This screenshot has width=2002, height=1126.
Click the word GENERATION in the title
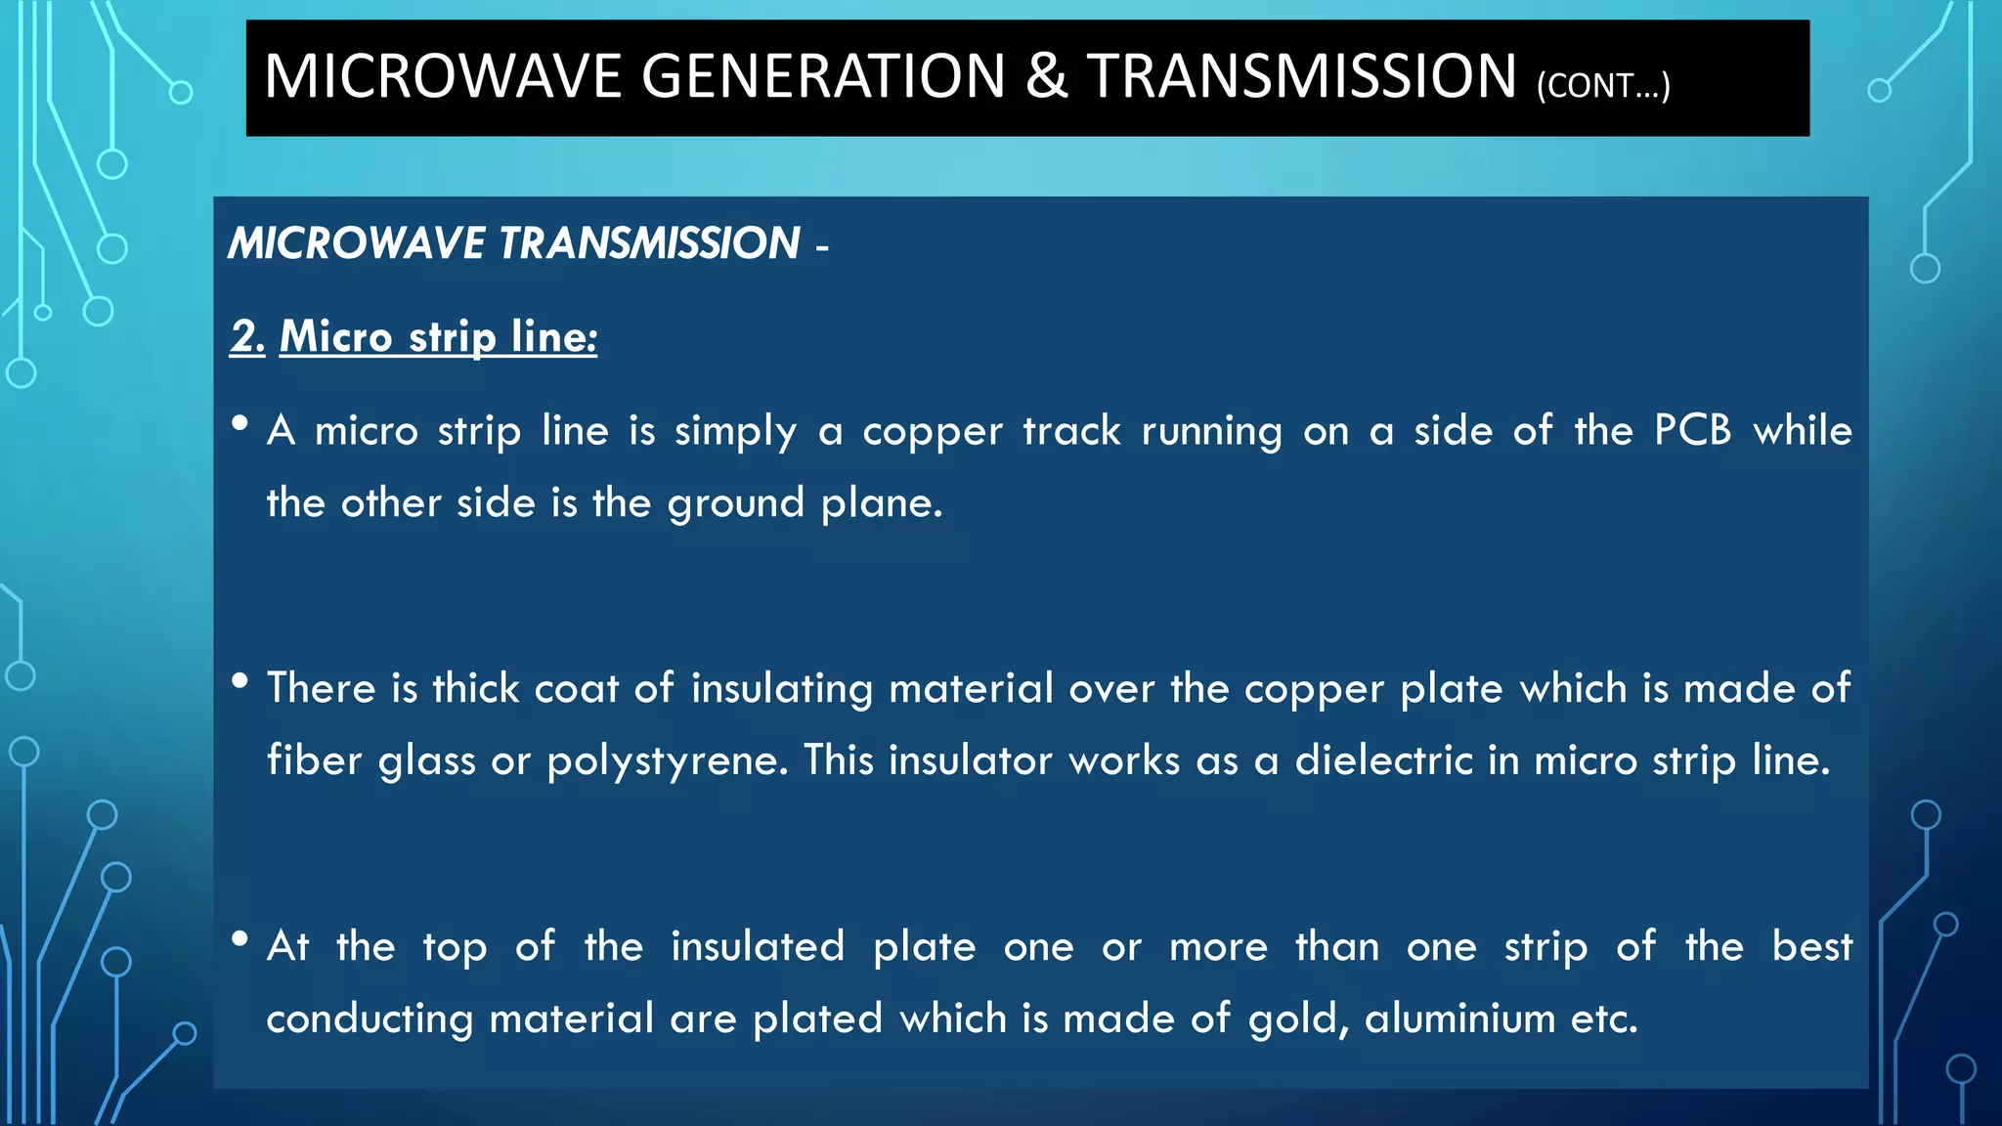click(x=823, y=76)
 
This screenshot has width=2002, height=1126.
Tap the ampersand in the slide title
click(x=1046, y=76)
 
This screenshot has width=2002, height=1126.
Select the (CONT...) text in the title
click(x=1603, y=86)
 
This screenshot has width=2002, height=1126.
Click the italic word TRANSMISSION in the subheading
click(x=649, y=243)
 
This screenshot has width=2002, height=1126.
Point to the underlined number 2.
click(x=246, y=336)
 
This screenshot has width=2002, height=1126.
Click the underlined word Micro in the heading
click(x=336, y=336)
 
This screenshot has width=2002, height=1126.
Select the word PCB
click(x=1692, y=430)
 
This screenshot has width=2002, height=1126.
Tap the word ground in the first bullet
click(x=735, y=504)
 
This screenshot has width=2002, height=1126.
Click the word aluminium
click(x=1459, y=1018)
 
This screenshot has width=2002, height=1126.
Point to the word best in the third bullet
click(x=1811, y=946)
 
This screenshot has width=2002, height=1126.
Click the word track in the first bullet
click(x=1071, y=431)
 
